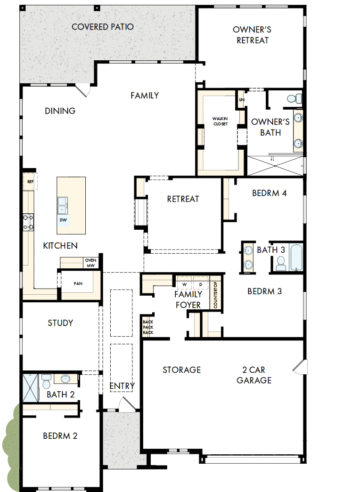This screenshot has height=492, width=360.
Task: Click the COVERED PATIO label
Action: pyautogui.click(x=102, y=27)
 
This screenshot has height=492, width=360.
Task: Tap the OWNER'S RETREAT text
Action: pyautogui.click(x=252, y=35)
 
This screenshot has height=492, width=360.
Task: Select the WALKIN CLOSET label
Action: pyautogui.click(x=220, y=121)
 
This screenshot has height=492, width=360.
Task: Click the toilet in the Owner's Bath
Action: pyautogui.click(x=295, y=99)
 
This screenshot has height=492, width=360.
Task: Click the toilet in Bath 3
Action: pyautogui.click(x=281, y=264)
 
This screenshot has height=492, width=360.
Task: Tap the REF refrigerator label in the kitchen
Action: pyautogui.click(x=30, y=181)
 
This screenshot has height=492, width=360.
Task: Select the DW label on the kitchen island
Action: pyautogui.click(x=63, y=220)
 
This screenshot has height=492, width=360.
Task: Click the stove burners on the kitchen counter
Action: pyautogui.click(x=28, y=222)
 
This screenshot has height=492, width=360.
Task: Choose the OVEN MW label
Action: pyautogui.click(x=90, y=263)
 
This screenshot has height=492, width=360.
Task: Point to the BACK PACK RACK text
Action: pyautogui.click(x=148, y=327)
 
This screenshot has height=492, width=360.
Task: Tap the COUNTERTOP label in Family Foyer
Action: pyautogui.click(x=215, y=295)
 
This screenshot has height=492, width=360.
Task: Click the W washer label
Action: pyautogui.click(x=184, y=285)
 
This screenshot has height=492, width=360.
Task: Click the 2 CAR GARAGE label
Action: pyautogui.click(x=254, y=375)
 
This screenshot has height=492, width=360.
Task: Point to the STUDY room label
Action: pyautogui.click(x=60, y=323)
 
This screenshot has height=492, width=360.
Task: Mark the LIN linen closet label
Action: pyautogui.click(x=242, y=100)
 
